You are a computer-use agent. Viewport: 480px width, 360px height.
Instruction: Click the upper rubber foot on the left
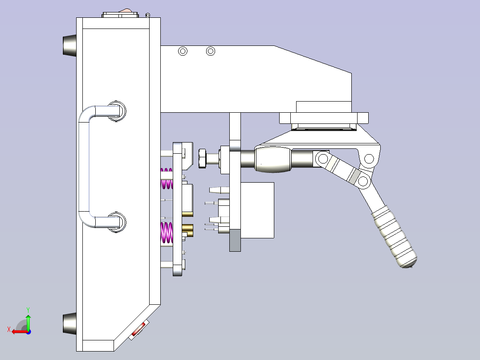coord(69,45)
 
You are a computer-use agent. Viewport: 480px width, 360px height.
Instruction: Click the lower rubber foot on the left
coord(69,324)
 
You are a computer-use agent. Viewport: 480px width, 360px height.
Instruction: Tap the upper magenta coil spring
coord(167,178)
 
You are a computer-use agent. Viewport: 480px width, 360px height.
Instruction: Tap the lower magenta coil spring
coord(167,233)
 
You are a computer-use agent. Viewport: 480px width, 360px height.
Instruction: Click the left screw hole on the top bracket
coord(183,51)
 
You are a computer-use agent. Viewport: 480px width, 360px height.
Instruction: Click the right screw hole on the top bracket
coord(211,51)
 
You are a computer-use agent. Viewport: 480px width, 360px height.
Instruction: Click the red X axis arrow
coord(18,331)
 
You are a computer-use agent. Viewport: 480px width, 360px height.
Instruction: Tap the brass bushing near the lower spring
coord(188,231)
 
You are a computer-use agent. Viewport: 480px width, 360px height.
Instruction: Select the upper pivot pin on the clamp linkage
coord(369,159)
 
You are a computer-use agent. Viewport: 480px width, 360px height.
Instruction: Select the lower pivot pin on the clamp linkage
coord(363,181)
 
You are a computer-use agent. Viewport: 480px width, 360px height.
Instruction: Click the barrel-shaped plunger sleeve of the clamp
coord(272,159)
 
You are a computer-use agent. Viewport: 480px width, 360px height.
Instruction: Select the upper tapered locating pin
coord(216,190)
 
